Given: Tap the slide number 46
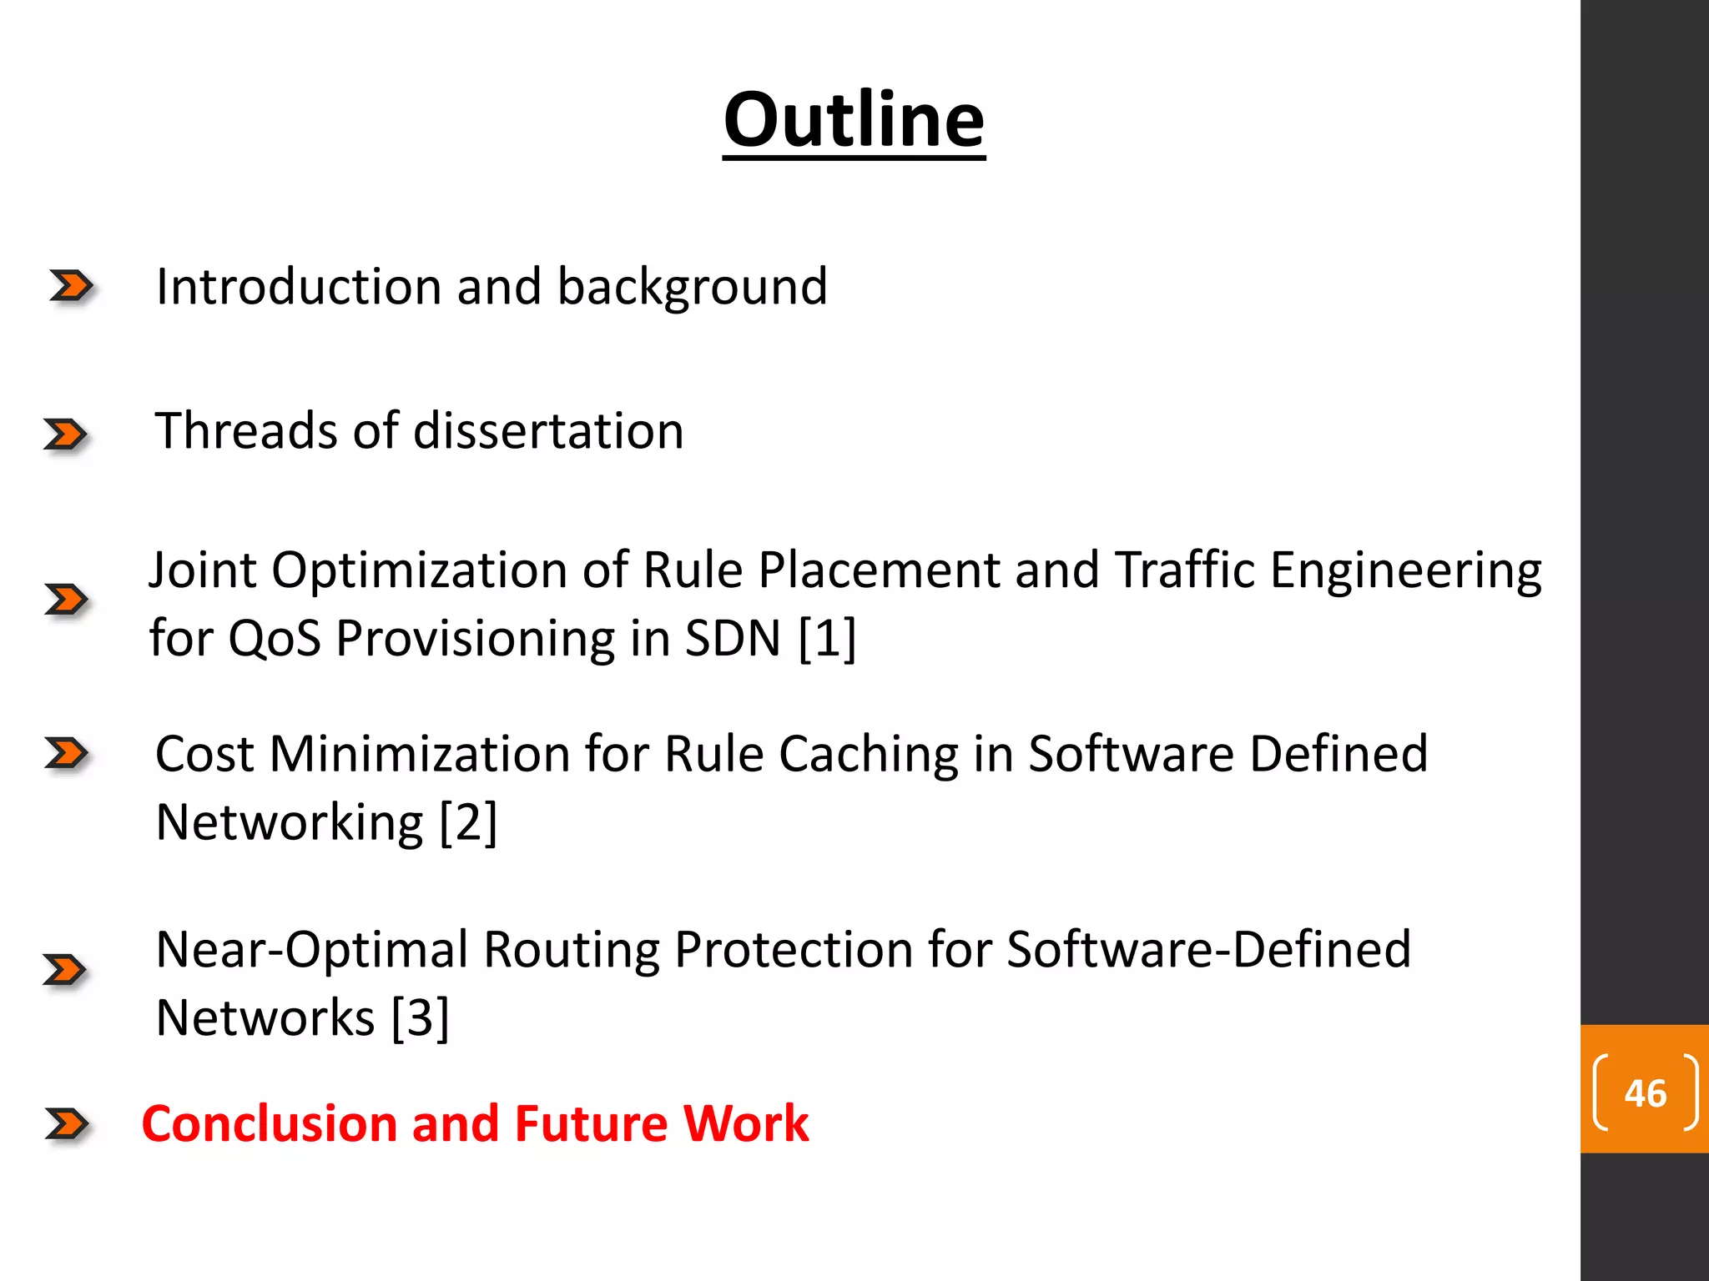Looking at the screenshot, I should click(x=1645, y=1093).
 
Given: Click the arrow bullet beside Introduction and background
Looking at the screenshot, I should click(x=71, y=286).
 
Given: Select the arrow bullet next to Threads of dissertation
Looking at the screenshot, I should click(x=65, y=435).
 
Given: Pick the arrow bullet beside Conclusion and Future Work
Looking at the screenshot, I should click(x=67, y=1123).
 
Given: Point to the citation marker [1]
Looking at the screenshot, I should click(x=827, y=639).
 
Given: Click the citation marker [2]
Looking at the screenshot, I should click(x=468, y=822).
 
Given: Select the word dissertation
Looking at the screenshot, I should click(x=548, y=431).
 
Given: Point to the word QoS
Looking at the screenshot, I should click(x=275, y=639).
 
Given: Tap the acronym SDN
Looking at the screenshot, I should click(x=733, y=639).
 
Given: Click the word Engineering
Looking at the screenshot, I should click(x=1405, y=572).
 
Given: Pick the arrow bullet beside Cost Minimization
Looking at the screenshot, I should click(x=67, y=753).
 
